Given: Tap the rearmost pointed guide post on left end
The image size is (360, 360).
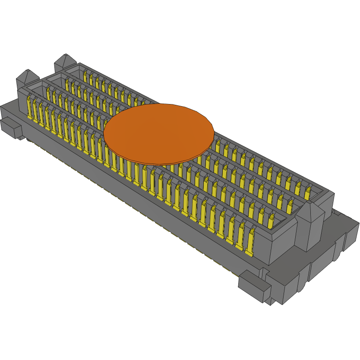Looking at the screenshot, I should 65,62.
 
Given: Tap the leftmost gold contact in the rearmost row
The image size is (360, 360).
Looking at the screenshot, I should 85,78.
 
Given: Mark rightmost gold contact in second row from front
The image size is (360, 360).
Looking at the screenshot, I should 271,222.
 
